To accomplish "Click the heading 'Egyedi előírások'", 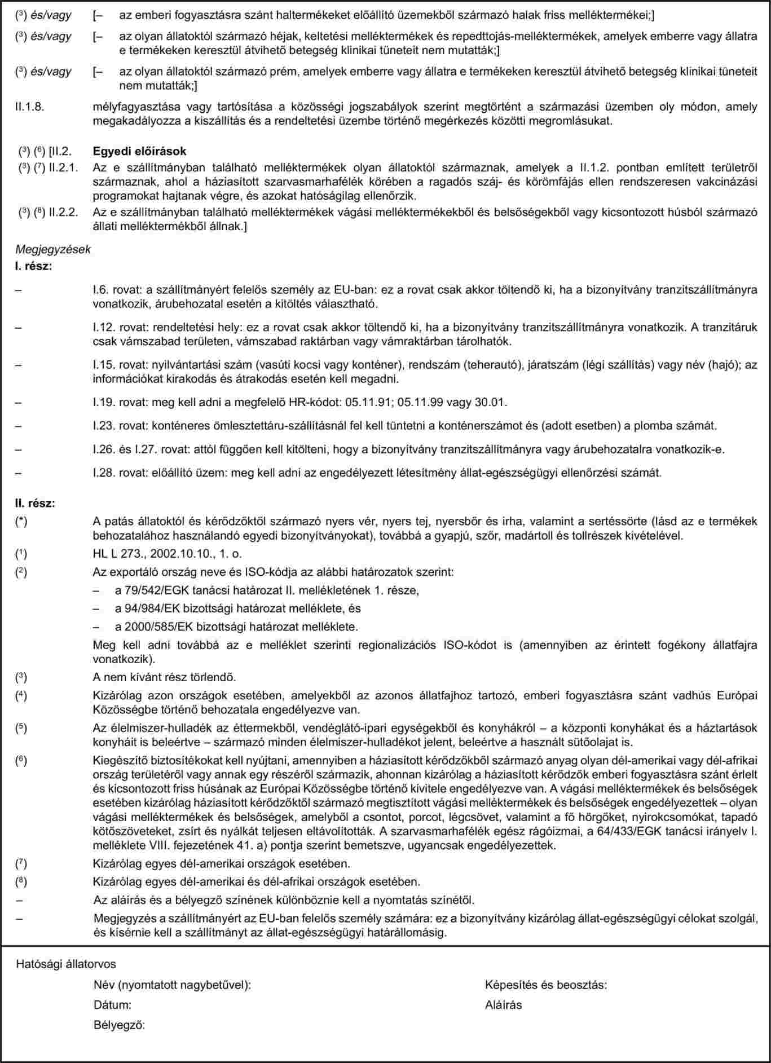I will (x=139, y=152).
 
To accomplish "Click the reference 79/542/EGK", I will (x=148, y=590).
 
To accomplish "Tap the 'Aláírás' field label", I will (x=503, y=1004).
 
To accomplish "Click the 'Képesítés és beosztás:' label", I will (x=545, y=985).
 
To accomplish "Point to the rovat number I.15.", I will (x=102, y=364).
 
